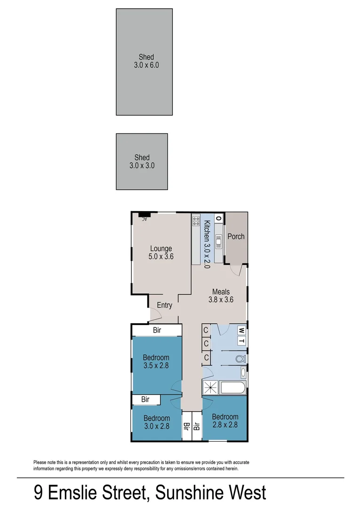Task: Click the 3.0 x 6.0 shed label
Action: coord(146,61)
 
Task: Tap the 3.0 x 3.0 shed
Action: coord(142,161)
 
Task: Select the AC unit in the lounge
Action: coord(144,215)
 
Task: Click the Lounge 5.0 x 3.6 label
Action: coord(161,253)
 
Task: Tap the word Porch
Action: coord(236,236)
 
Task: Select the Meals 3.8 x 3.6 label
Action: coord(221,295)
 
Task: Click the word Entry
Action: coord(164,305)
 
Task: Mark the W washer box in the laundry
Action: coord(240,330)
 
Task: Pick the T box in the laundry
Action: coord(240,341)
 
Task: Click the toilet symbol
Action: coord(240,359)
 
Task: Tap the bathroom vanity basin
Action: coord(243,373)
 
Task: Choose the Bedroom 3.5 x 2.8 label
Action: coord(157,361)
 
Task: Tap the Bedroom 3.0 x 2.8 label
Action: coord(157,422)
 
